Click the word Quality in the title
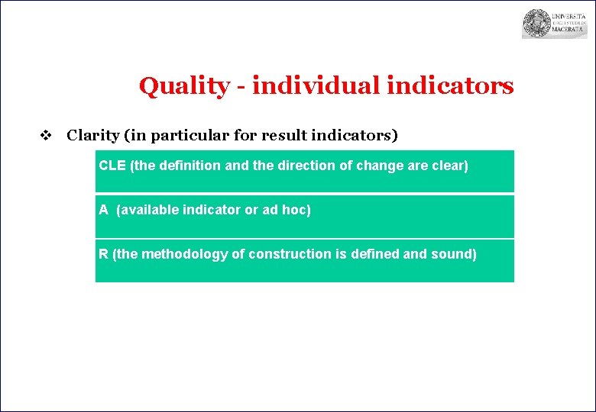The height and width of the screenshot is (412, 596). (x=183, y=86)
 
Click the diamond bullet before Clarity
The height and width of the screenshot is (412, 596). (x=45, y=136)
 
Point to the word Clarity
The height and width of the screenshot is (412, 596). (x=92, y=137)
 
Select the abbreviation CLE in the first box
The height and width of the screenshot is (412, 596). (x=113, y=165)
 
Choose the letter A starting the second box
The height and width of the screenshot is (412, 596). (x=103, y=209)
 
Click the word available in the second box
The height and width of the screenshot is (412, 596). (x=151, y=209)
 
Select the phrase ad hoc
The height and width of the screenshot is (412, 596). (x=287, y=209)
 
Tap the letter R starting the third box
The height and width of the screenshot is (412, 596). (x=103, y=253)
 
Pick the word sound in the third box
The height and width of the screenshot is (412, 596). (x=455, y=253)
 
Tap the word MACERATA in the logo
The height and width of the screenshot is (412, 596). (x=569, y=31)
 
